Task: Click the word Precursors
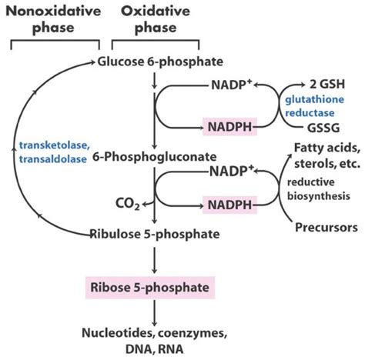[x=323, y=228]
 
